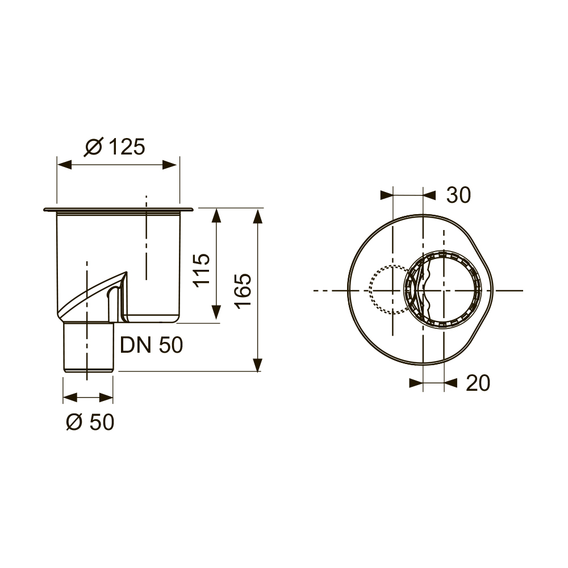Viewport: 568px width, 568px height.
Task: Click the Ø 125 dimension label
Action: (x=115, y=147)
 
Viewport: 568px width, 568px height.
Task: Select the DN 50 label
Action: (x=152, y=345)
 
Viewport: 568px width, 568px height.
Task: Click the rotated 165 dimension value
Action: (x=243, y=291)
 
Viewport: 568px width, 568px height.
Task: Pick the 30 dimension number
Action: (x=458, y=195)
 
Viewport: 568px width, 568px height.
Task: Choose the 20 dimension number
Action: (x=478, y=383)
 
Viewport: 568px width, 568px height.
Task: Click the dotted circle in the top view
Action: (x=370, y=290)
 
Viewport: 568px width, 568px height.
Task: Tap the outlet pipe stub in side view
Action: (x=88, y=347)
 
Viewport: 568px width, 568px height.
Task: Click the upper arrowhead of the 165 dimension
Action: (x=257, y=216)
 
